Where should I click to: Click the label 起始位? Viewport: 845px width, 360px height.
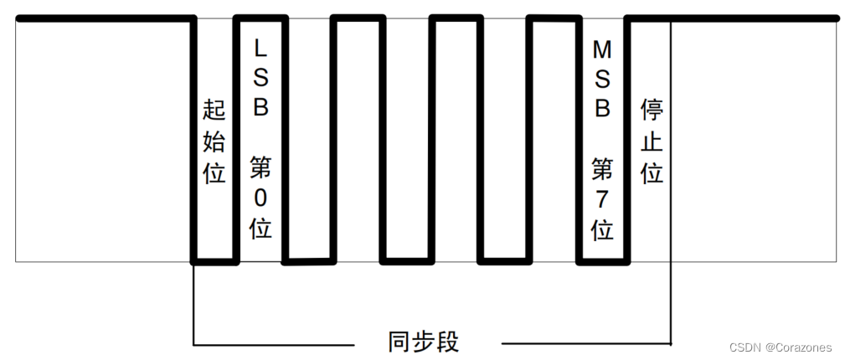(214, 141)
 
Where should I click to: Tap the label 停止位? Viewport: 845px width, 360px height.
(652, 141)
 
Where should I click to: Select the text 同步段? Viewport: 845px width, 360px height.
(425, 342)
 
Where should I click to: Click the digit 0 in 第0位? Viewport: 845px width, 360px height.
(260, 198)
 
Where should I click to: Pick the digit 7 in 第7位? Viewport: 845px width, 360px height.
(601, 198)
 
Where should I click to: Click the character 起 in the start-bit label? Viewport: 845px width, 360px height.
(214, 111)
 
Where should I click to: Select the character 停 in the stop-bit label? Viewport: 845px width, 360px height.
(652, 111)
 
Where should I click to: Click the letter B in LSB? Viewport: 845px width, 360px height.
(260, 109)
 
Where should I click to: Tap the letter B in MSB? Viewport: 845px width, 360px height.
(601, 109)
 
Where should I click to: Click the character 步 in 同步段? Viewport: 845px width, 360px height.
(425, 342)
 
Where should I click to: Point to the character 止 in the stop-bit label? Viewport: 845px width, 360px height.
(652, 141)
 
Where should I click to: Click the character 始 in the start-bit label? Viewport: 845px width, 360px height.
(214, 141)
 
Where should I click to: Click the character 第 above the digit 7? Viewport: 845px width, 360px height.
(601, 169)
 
